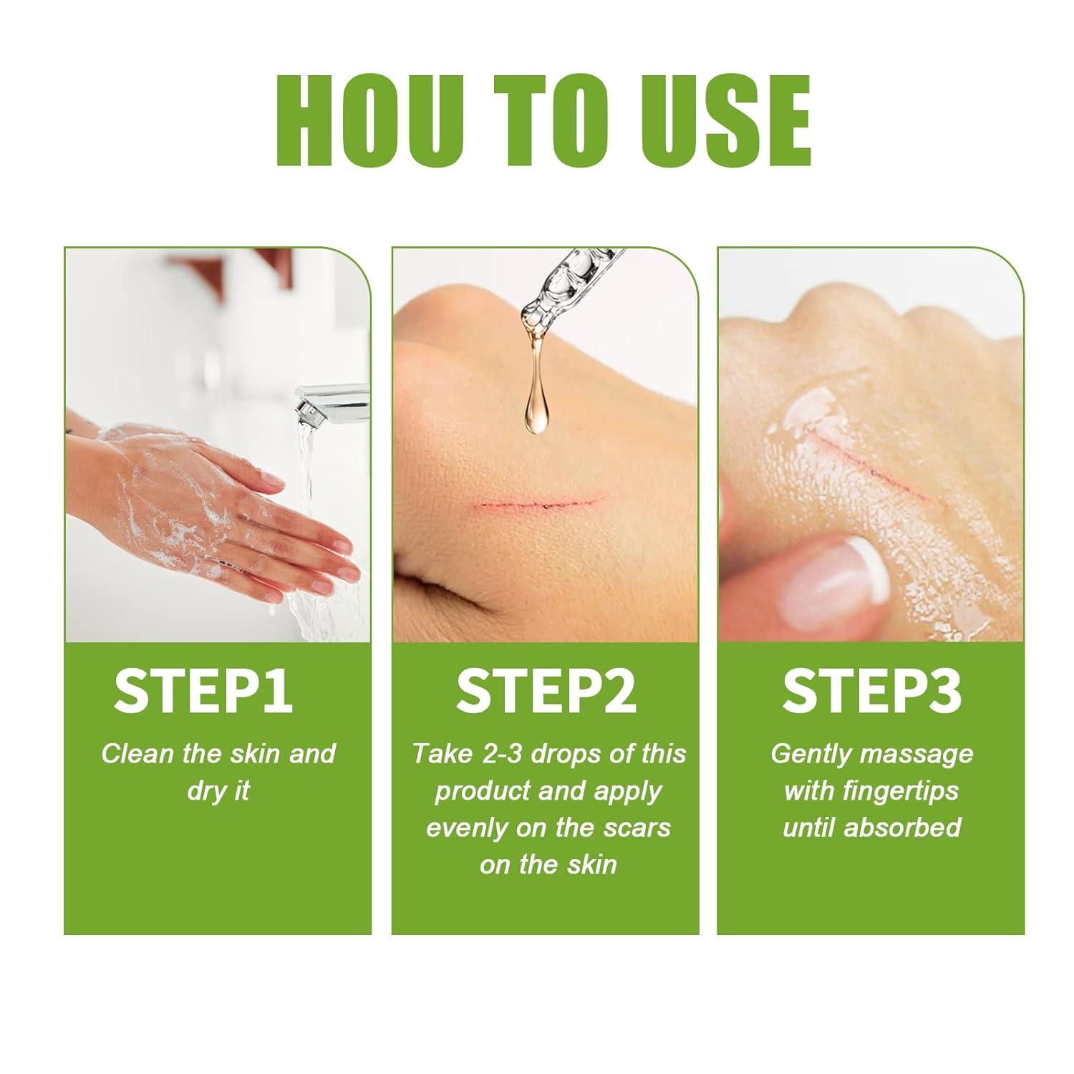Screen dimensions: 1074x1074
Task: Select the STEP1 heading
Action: (x=203, y=691)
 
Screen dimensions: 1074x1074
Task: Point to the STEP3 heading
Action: (x=871, y=691)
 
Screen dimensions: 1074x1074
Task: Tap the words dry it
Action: (x=218, y=791)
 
